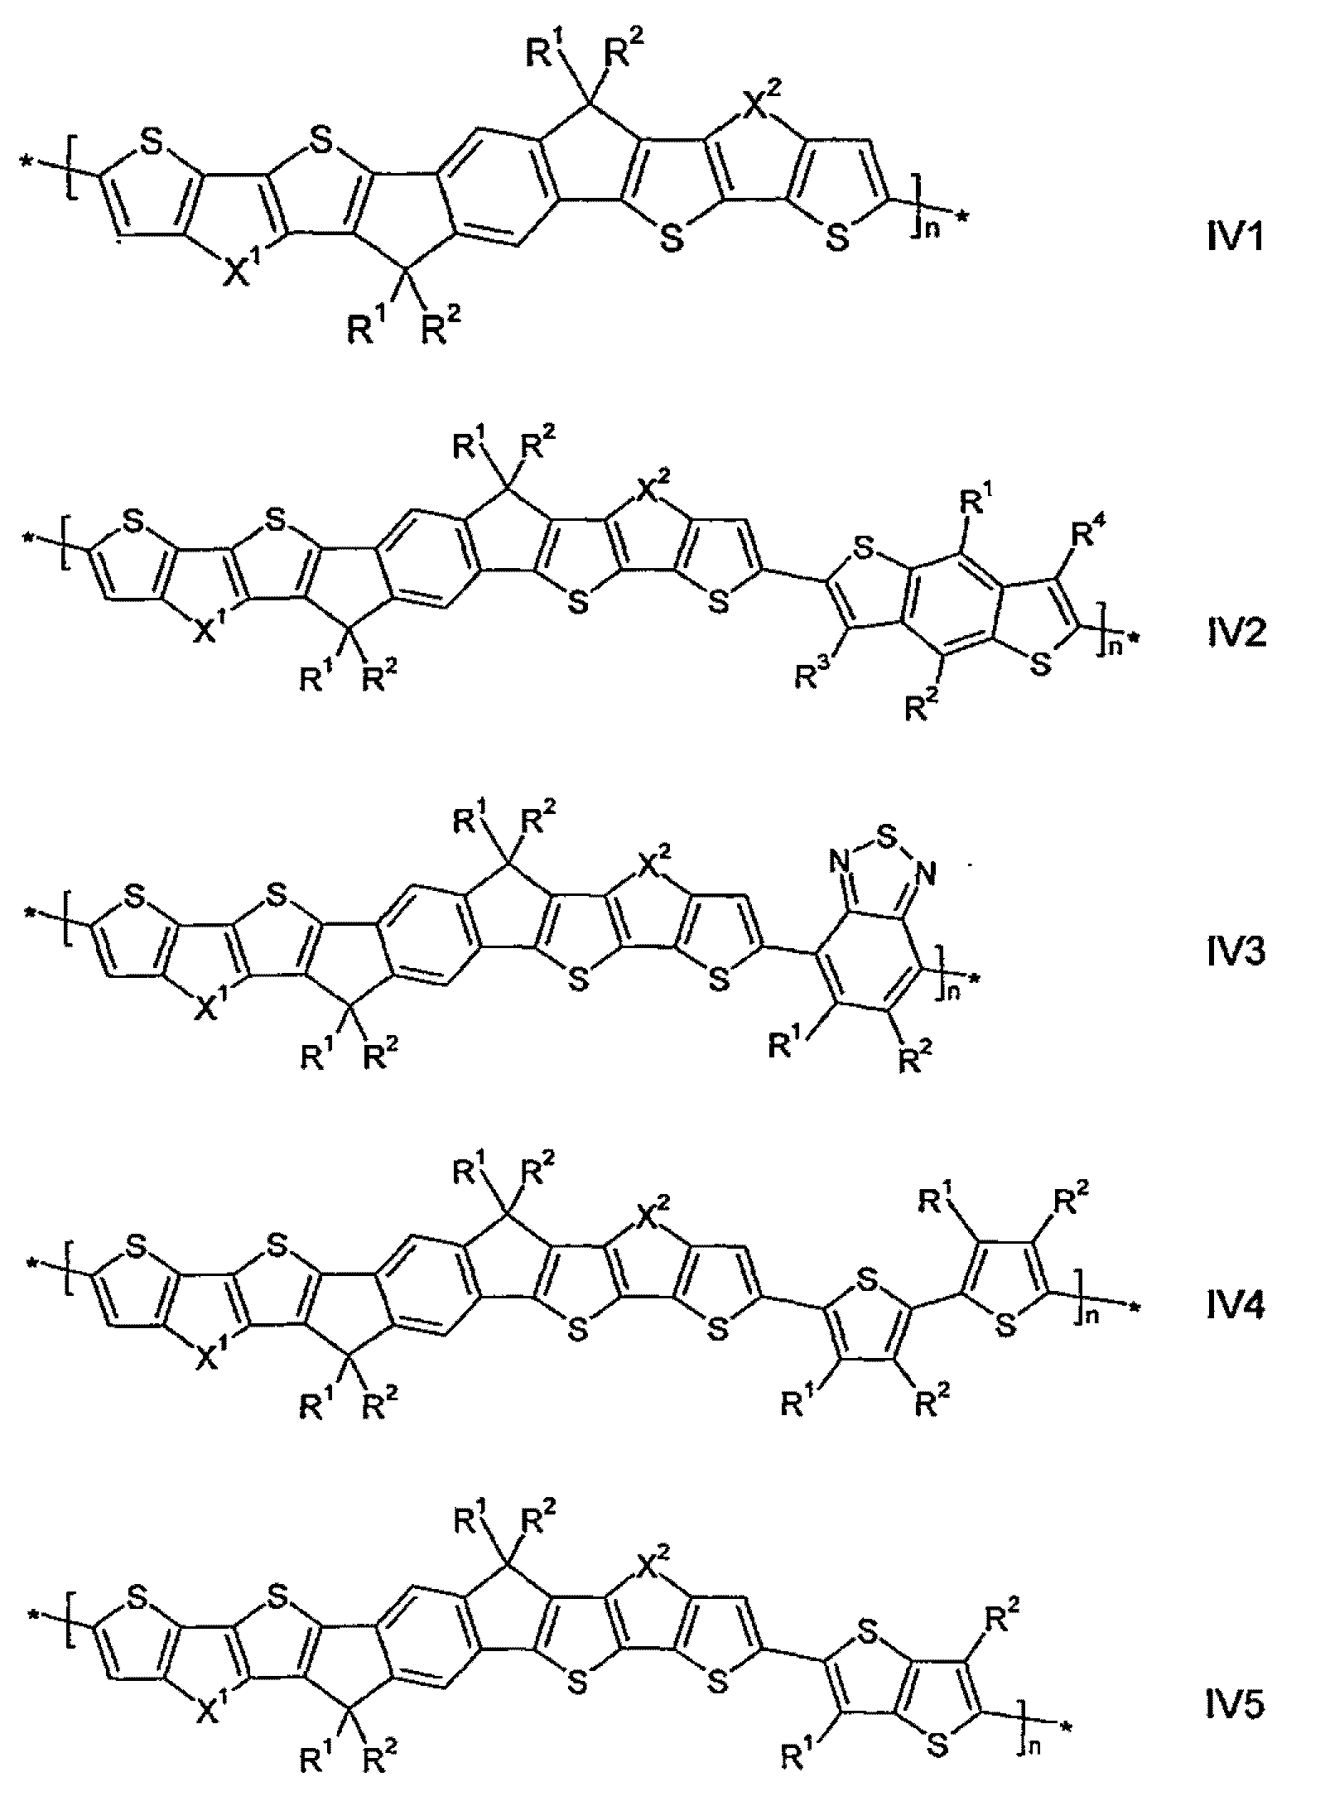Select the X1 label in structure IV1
tap(242, 270)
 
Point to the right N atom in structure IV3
tap(926, 871)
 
